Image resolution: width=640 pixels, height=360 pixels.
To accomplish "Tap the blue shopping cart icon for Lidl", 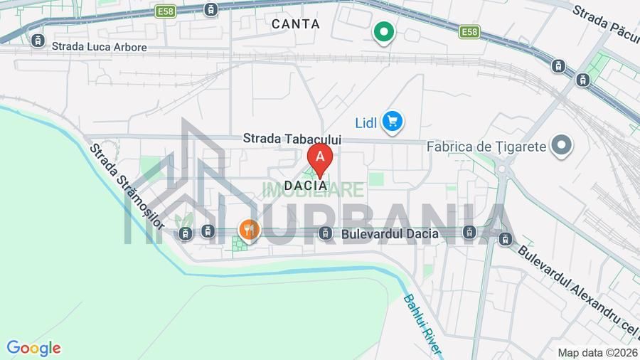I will (x=392, y=122).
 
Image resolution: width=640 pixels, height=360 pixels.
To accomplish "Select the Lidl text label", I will (x=366, y=122).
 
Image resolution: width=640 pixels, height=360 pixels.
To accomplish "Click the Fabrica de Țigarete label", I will (x=486, y=147).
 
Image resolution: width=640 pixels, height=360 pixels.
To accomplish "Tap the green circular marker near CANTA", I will (x=384, y=32).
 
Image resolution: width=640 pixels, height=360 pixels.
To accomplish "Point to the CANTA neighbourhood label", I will (x=296, y=24).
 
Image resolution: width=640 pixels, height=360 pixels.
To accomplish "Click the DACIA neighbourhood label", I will (x=305, y=186).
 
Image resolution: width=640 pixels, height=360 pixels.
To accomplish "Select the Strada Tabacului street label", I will (x=292, y=139).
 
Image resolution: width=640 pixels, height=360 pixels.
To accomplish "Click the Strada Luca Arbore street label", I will (x=99, y=47).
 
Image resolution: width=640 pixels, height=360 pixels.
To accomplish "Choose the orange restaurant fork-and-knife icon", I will (x=248, y=229).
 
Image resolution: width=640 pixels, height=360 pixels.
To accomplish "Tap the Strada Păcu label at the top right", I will (x=605, y=21).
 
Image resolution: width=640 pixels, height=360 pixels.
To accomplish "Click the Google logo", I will (x=33, y=348).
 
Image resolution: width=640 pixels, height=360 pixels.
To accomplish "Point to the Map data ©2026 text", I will (x=597, y=352).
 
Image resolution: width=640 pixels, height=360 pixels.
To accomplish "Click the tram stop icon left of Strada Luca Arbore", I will (x=37, y=41).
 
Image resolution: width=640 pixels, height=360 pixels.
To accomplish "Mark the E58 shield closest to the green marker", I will (x=469, y=32).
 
